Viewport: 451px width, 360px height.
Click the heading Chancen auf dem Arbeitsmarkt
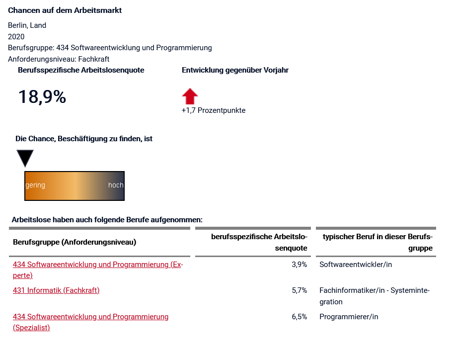coord(65,10)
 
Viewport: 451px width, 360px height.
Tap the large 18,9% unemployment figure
coord(42,97)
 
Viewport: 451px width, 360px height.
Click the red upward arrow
coord(190,95)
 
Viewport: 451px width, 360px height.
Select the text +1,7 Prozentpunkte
coord(214,110)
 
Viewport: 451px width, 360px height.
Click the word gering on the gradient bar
coord(35,185)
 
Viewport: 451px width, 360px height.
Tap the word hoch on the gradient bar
coord(116,185)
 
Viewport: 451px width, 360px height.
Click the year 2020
coord(16,36)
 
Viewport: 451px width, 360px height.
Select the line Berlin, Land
coord(27,25)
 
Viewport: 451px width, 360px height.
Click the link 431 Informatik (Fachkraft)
coord(56,290)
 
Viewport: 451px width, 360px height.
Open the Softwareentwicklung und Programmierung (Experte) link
coord(98,265)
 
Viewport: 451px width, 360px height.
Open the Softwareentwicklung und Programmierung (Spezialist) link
coord(91,317)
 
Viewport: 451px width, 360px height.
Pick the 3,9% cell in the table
coord(300,265)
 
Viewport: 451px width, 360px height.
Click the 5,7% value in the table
coord(300,290)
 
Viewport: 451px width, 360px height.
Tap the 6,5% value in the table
coord(300,317)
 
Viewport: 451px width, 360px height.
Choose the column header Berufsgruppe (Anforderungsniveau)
coord(75,242)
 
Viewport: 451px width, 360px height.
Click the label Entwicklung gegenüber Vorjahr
coord(235,70)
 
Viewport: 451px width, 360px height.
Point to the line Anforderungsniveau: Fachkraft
coord(59,59)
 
